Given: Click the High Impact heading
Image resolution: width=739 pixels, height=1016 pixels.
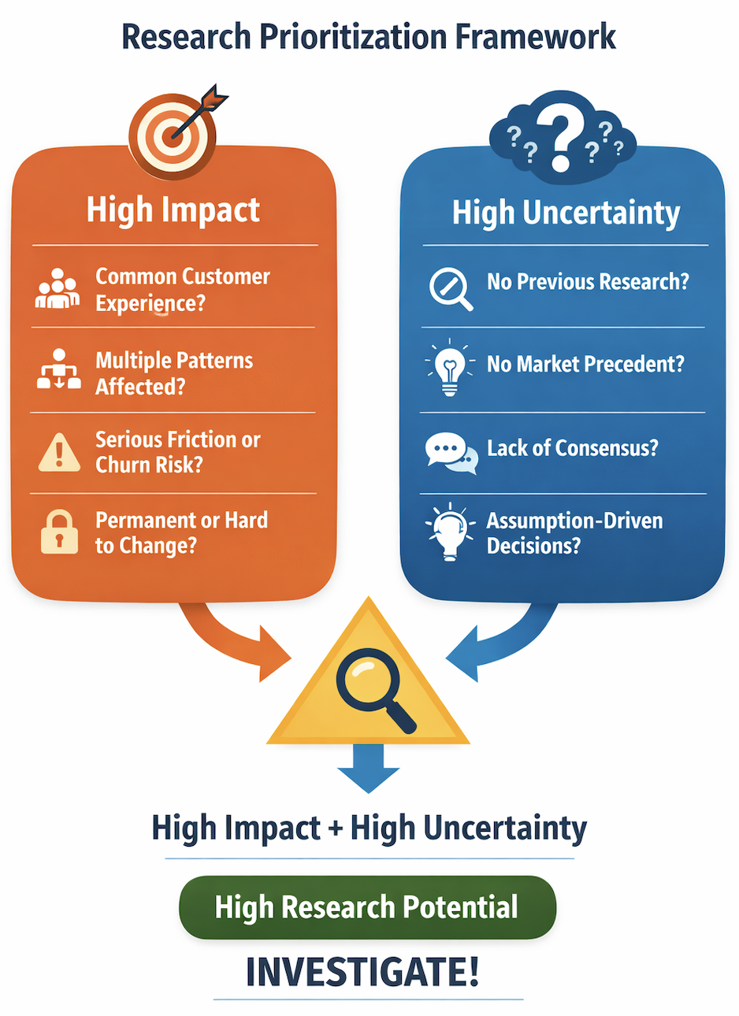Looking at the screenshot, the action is coord(173,210).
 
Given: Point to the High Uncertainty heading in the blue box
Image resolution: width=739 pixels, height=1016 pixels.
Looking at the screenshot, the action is coord(566,213).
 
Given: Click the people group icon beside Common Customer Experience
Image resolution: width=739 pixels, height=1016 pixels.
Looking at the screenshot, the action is coord(58,289).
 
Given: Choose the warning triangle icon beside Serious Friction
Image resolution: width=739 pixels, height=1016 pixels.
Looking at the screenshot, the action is coord(59,452).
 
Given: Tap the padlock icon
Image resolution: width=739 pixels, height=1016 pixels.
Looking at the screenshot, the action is coord(59,532).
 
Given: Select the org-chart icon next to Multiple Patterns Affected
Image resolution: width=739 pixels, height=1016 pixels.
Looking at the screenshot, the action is coord(59,370).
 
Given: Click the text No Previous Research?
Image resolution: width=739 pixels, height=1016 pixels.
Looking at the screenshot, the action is coord(588,282).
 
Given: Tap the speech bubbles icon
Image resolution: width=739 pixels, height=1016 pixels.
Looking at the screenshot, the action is coord(451,452).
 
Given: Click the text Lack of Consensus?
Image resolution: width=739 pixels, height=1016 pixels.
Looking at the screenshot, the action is coord(572,448).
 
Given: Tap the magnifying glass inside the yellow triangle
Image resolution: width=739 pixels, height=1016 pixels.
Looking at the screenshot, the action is coord(372,690).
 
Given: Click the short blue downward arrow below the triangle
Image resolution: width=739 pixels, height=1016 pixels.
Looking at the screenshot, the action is coord(368,767).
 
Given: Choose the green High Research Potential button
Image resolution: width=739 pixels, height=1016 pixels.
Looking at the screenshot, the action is coord(367,907).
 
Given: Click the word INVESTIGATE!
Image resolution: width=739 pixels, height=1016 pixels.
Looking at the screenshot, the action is coord(363,972).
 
